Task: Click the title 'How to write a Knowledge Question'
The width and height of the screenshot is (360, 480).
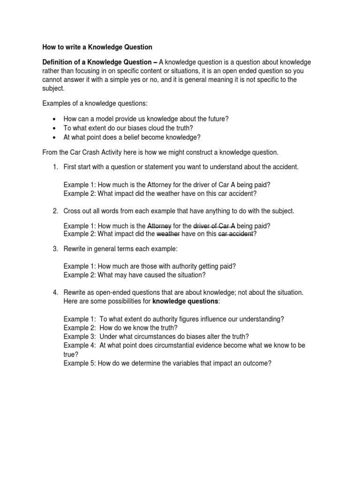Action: (97, 47)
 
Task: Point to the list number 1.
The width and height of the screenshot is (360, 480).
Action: (55, 167)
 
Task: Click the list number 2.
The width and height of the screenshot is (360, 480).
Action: (55, 211)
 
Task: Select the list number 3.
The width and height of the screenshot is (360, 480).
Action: (55, 248)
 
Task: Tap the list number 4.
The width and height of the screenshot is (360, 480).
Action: (55, 292)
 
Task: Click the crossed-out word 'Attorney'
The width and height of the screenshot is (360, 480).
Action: (159, 225)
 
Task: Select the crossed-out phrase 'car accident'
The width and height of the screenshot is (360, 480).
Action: (236, 233)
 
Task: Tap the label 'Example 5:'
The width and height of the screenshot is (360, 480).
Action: (80, 362)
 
